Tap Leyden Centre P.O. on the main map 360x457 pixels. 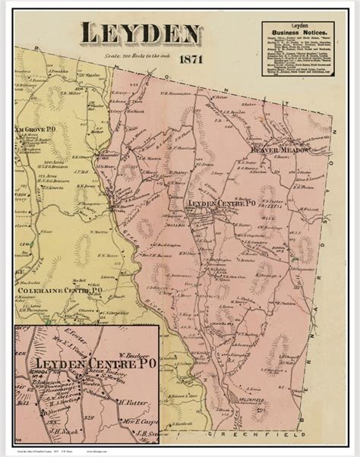(219, 204)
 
